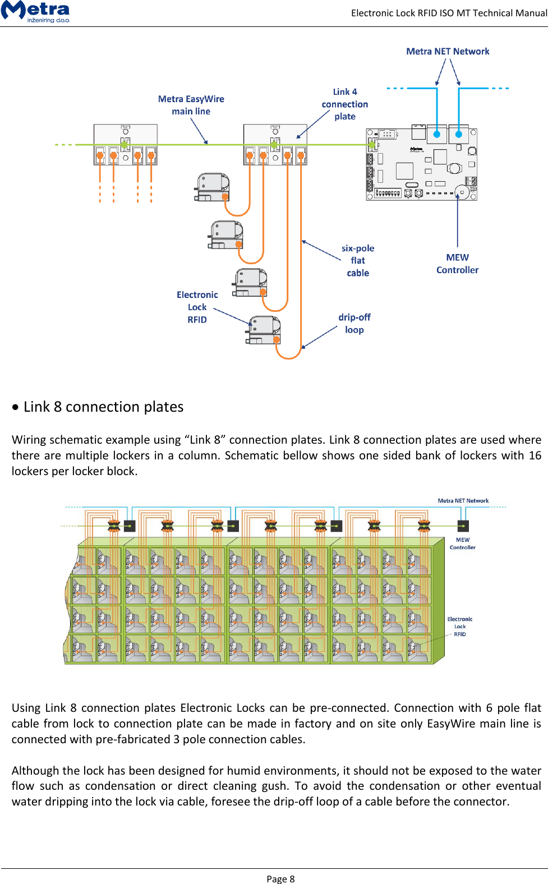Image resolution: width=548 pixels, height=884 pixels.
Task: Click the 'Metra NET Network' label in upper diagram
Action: click(x=447, y=52)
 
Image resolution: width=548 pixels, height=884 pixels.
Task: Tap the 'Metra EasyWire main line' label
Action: click(x=191, y=105)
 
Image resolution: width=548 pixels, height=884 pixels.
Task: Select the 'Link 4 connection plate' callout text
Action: click(x=344, y=104)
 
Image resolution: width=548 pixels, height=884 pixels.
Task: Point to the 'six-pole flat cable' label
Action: click(x=358, y=261)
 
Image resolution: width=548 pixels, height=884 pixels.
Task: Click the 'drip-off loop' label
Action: click(x=354, y=324)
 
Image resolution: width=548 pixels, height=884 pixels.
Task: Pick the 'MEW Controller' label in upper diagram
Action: click(x=457, y=264)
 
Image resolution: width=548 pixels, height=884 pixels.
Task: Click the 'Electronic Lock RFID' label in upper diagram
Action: click(x=197, y=307)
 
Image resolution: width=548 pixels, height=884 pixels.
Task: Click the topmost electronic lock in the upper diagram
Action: click(x=213, y=187)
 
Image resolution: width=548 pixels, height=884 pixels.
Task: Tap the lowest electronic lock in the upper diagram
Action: click(x=264, y=330)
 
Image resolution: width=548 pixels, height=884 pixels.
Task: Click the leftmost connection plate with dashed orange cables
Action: click(x=125, y=145)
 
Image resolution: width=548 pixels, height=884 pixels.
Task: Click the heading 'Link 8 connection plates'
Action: click(x=103, y=407)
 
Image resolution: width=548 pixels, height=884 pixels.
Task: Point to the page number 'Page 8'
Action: click(x=280, y=879)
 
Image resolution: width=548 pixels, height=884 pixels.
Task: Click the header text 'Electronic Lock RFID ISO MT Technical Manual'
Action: click(x=449, y=13)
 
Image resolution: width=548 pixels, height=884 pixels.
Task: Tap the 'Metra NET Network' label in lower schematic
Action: click(x=463, y=501)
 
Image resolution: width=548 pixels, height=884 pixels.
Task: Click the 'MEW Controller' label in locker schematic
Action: click(x=463, y=544)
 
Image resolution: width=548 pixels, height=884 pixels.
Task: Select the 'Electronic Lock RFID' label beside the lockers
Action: click(x=459, y=627)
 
